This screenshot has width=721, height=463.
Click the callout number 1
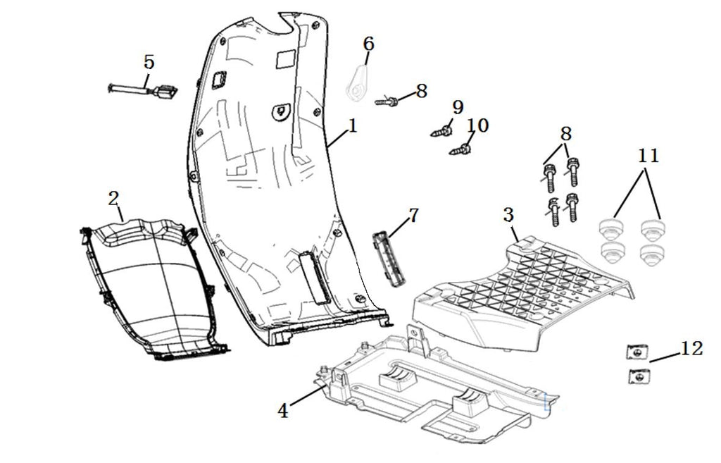[353, 125]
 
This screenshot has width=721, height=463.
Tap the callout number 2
[113, 199]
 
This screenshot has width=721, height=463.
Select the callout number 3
[508, 214]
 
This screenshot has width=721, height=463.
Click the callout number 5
[149, 62]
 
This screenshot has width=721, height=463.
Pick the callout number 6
[368, 44]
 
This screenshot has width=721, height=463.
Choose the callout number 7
[413, 215]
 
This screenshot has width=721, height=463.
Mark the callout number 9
[458, 107]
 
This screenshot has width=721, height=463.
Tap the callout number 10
[477, 125]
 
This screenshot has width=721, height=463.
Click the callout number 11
[648, 156]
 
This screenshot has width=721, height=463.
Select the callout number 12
[691, 348]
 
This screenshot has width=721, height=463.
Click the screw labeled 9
[441, 131]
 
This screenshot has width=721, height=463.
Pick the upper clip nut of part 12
[637, 352]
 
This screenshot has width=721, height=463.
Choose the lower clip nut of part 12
[639, 377]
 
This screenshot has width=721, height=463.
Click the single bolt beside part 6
[387, 101]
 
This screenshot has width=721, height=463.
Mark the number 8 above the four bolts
[565, 134]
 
